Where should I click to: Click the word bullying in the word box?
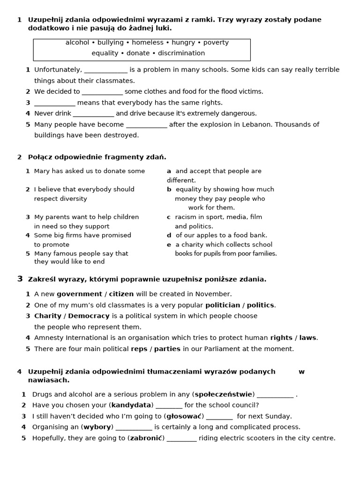[x=110, y=43]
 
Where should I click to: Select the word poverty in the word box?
[x=216, y=43]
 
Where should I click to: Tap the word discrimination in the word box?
[x=180, y=53]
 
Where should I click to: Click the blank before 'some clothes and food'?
[x=102, y=92]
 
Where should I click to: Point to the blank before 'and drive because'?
[x=93, y=113]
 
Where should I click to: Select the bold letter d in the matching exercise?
[x=169, y=235]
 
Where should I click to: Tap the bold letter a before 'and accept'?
[x=169, y=171]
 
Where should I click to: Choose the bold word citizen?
[x=121, y=294]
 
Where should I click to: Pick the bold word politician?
[x=223, y=305]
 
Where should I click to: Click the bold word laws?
[x=308, y=337]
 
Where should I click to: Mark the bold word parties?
[x=167, y=349]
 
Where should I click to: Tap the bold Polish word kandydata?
[x=131, y=405]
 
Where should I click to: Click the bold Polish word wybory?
[x=97, y=427]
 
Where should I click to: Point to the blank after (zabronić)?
[x=182, y=439]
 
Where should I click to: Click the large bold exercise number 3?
[x=20, y=279]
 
